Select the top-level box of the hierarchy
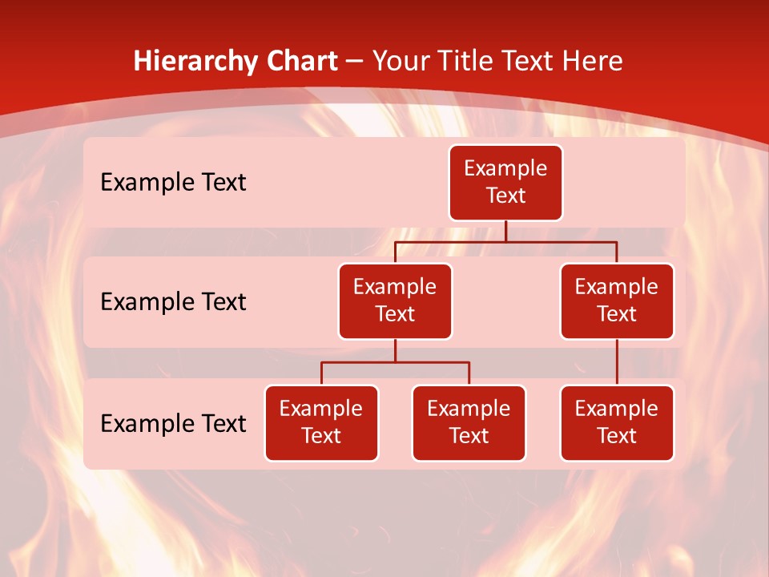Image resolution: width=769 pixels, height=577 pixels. point(505,182)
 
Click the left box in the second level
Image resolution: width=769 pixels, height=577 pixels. point(395,301)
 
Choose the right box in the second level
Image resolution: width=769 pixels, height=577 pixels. point(617,301)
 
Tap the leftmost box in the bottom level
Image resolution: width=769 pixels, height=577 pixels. point(321,422)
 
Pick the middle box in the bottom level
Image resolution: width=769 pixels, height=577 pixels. point(469,422)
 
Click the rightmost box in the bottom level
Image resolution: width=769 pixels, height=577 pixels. point(617,422)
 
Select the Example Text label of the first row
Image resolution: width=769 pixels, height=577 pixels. point(173,182)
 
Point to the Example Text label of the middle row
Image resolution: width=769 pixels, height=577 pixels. point(173,301)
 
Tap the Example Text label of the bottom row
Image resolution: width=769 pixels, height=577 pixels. point(173,423)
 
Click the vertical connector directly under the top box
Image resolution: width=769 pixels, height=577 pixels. point(505,231)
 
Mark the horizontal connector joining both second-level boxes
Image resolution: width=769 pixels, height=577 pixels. point(505,241)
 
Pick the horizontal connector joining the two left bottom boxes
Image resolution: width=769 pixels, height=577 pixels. point(395,362)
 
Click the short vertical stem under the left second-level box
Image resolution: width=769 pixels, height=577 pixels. point(395,350)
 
